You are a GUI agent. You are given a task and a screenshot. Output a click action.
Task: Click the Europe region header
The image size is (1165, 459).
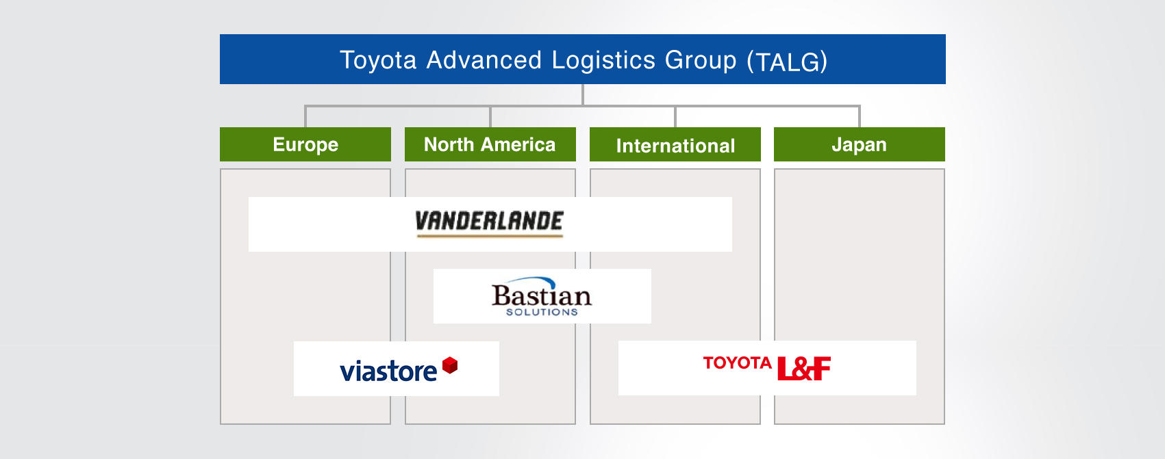pos(305,144)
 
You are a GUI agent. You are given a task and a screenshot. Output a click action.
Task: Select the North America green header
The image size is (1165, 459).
pos(490,144)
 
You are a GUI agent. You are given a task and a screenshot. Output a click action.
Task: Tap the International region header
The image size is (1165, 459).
pos(675,144)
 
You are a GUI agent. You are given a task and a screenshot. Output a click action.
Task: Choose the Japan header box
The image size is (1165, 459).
pos(859,144)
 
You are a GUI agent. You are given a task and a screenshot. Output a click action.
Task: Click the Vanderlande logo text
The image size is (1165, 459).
pos(490,221)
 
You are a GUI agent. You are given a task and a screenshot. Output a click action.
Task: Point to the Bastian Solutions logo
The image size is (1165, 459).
pos(542,296)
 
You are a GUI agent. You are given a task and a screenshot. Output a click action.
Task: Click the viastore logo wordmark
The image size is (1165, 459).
pos(388,371)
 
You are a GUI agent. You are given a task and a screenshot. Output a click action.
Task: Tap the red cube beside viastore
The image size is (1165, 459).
pos(450,365)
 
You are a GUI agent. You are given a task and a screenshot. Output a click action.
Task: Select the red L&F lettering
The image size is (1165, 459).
pos(803,368)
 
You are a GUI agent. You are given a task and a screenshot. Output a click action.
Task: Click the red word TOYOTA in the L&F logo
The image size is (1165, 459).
pos(737,363)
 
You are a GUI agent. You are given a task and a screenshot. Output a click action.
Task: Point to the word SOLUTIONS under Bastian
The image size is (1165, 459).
pos(542,312)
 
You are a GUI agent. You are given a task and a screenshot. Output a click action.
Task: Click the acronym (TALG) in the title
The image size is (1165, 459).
pos(787,62)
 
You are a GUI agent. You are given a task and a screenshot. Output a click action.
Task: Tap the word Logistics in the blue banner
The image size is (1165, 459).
pos(603,60)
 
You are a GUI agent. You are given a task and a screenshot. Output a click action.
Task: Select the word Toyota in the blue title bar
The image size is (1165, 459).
pos(378,60)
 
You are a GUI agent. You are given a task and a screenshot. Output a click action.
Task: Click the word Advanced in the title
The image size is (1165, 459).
pos(484,60)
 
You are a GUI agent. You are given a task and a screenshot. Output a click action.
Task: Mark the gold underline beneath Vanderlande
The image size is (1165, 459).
pos(490,236)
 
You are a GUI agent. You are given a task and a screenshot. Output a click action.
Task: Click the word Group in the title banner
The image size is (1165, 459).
pos(701,61)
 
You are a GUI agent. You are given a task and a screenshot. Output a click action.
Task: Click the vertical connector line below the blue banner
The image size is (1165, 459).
pos(582,95)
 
